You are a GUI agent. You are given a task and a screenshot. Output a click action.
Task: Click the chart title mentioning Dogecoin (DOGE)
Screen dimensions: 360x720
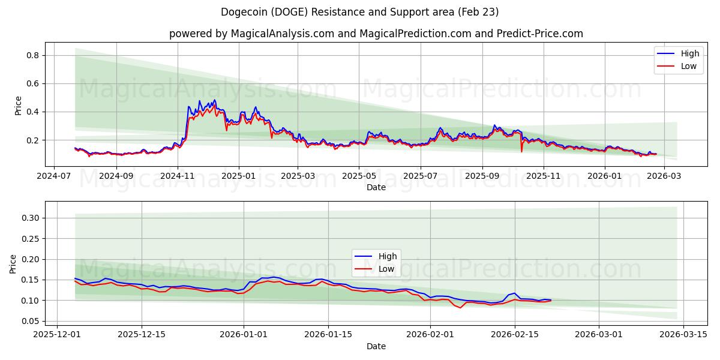tap(359, 12)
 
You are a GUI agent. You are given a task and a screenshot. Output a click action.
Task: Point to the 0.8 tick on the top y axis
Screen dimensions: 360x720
tap(31, 55)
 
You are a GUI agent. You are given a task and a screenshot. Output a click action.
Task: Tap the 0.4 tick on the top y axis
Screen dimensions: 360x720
tap(31, 112)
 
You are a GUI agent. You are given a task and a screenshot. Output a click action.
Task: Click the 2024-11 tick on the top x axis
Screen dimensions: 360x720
tap(177, 176)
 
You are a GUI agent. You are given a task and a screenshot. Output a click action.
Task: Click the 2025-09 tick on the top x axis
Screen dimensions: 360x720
tap(482, 176)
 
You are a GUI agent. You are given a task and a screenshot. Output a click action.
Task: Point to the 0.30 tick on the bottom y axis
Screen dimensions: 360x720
tap(29, 218)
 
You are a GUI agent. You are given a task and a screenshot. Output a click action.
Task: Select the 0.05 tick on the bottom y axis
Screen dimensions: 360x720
tap(29, 321)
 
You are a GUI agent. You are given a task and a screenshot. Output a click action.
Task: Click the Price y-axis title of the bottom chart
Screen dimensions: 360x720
tap(13, 264)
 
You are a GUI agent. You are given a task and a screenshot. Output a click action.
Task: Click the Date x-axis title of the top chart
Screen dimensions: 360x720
tap(376, 187)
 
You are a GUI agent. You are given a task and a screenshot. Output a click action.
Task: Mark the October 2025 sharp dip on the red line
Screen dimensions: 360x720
tap(521, 151)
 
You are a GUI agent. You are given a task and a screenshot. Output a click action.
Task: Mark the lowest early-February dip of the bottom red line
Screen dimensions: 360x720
tap(460, 308)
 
